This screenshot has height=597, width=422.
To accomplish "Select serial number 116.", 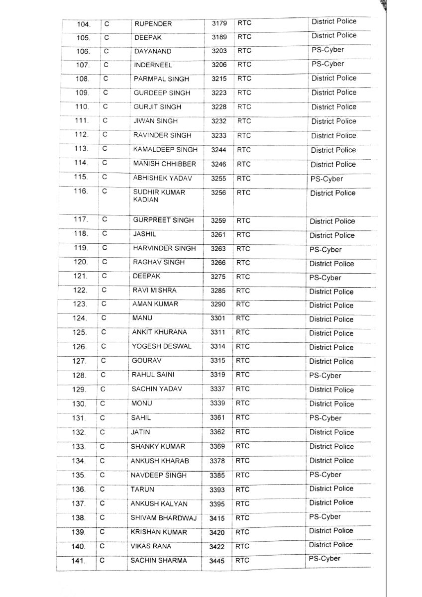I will (x=81, y=191).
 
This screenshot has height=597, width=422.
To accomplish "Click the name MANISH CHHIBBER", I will (x=164, y=164).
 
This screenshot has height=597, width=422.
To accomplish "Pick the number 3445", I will (x=217, y=561).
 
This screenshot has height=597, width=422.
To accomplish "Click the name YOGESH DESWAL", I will (x=155, y=347).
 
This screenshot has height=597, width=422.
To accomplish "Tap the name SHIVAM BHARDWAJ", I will (x=163, y=518).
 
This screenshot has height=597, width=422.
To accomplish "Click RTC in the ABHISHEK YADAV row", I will (x=244, y=178).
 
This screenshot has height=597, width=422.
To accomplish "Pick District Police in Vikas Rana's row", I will (x=330, y=545).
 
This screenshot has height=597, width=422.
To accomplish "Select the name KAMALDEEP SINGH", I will (x=165, y=149).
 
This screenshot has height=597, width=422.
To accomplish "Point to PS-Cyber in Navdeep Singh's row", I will (x=325, y=475).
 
